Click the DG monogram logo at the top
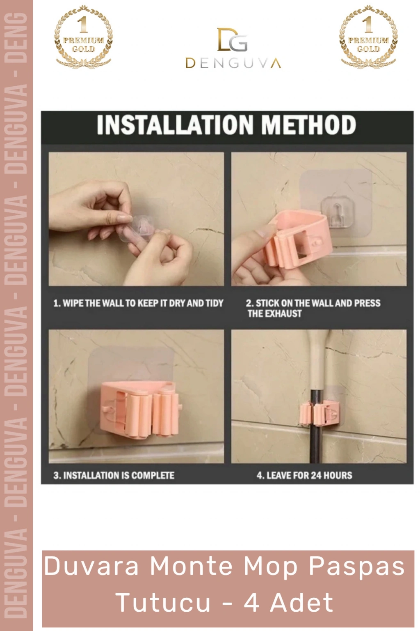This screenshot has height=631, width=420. pyautogui.click(x=233, y=39)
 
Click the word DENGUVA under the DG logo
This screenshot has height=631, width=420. pyautogui.click(x=233, y=63)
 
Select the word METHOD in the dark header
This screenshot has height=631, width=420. pyautogui.click(x=308, y=124)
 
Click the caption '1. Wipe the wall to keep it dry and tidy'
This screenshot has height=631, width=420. pyautogui.click(x=138, y=303)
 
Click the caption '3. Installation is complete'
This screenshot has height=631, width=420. pyautogui.click(x=114, y=475)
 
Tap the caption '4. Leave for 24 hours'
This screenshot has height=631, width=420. pyautogui.click(x=304, y=475)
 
